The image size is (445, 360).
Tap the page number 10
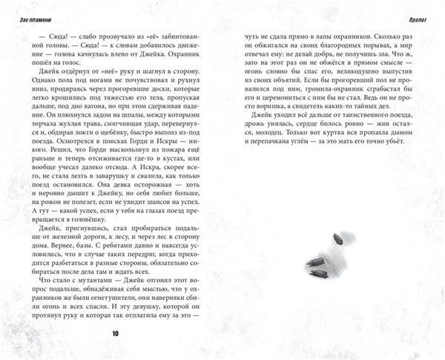tap(114, 333)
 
